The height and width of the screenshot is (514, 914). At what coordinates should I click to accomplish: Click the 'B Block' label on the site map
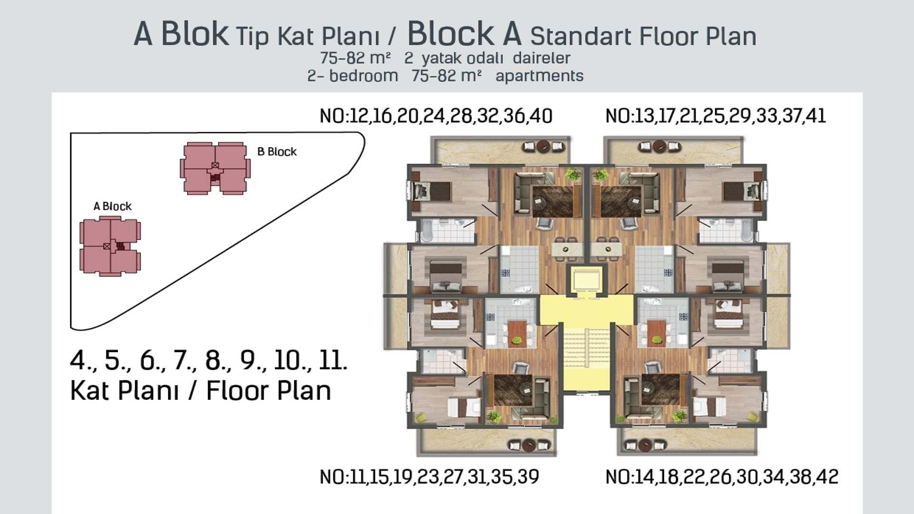[x=277, y=151]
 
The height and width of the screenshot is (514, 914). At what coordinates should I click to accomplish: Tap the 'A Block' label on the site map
[x=112, y=206]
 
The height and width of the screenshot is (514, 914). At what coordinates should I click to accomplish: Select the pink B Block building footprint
[x=215, y=168]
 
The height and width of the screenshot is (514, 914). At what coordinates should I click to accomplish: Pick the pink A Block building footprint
[x=110, y=246]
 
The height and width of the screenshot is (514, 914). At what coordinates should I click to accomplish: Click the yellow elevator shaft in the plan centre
[x=586, y=280]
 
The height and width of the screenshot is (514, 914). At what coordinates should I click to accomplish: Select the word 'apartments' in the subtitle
[x=539, y=76]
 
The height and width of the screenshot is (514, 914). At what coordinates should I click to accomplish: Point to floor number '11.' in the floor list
[x=333, y=360]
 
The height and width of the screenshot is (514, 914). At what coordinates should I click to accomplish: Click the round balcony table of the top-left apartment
[x=544, y=146]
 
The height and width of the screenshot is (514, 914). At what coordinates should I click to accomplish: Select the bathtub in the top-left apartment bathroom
[x=426, y=231]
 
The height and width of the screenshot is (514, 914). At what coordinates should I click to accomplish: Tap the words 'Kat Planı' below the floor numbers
[x=124, y=391]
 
